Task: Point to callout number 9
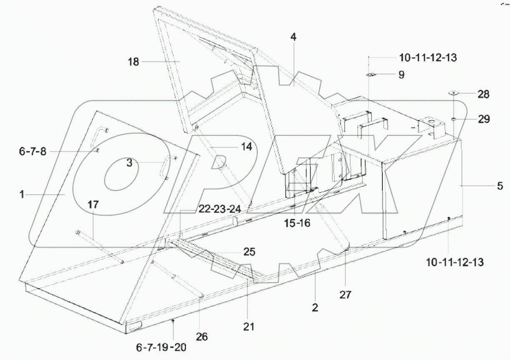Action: click(401, 75)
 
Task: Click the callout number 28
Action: click(484, 94)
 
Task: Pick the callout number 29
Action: click(484, 120)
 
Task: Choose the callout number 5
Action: click(500, 186)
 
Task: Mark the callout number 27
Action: click(345, 295)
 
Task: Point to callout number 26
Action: click(202, 336)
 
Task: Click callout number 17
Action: click(93, 204)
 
